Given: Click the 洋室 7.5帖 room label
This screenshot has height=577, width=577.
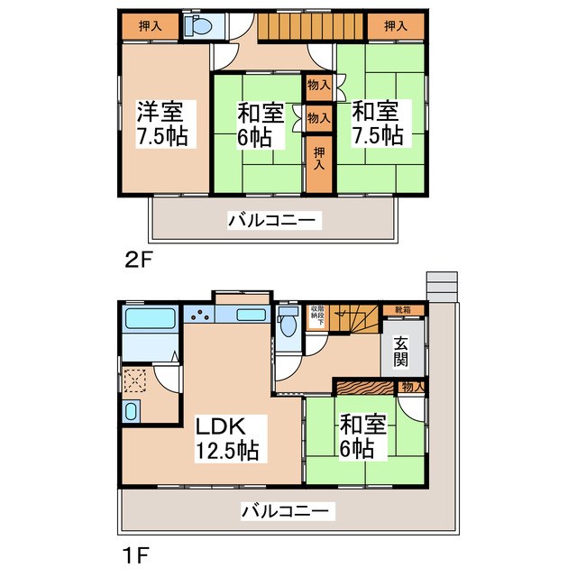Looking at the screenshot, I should pos(160,124).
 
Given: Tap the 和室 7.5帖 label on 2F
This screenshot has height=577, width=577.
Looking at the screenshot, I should pos(378,124).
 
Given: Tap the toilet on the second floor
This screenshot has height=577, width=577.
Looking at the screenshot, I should pos(197,27).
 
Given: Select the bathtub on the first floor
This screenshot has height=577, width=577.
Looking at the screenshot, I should pos(149,318).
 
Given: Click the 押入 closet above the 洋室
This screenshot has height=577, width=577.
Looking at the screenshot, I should pos(151,26).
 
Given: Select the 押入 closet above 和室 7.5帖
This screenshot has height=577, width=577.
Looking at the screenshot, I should pos(395,26).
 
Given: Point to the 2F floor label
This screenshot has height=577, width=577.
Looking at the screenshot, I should pos(141,261).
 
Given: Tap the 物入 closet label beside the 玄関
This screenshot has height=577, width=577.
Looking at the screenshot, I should pos(411,387).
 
